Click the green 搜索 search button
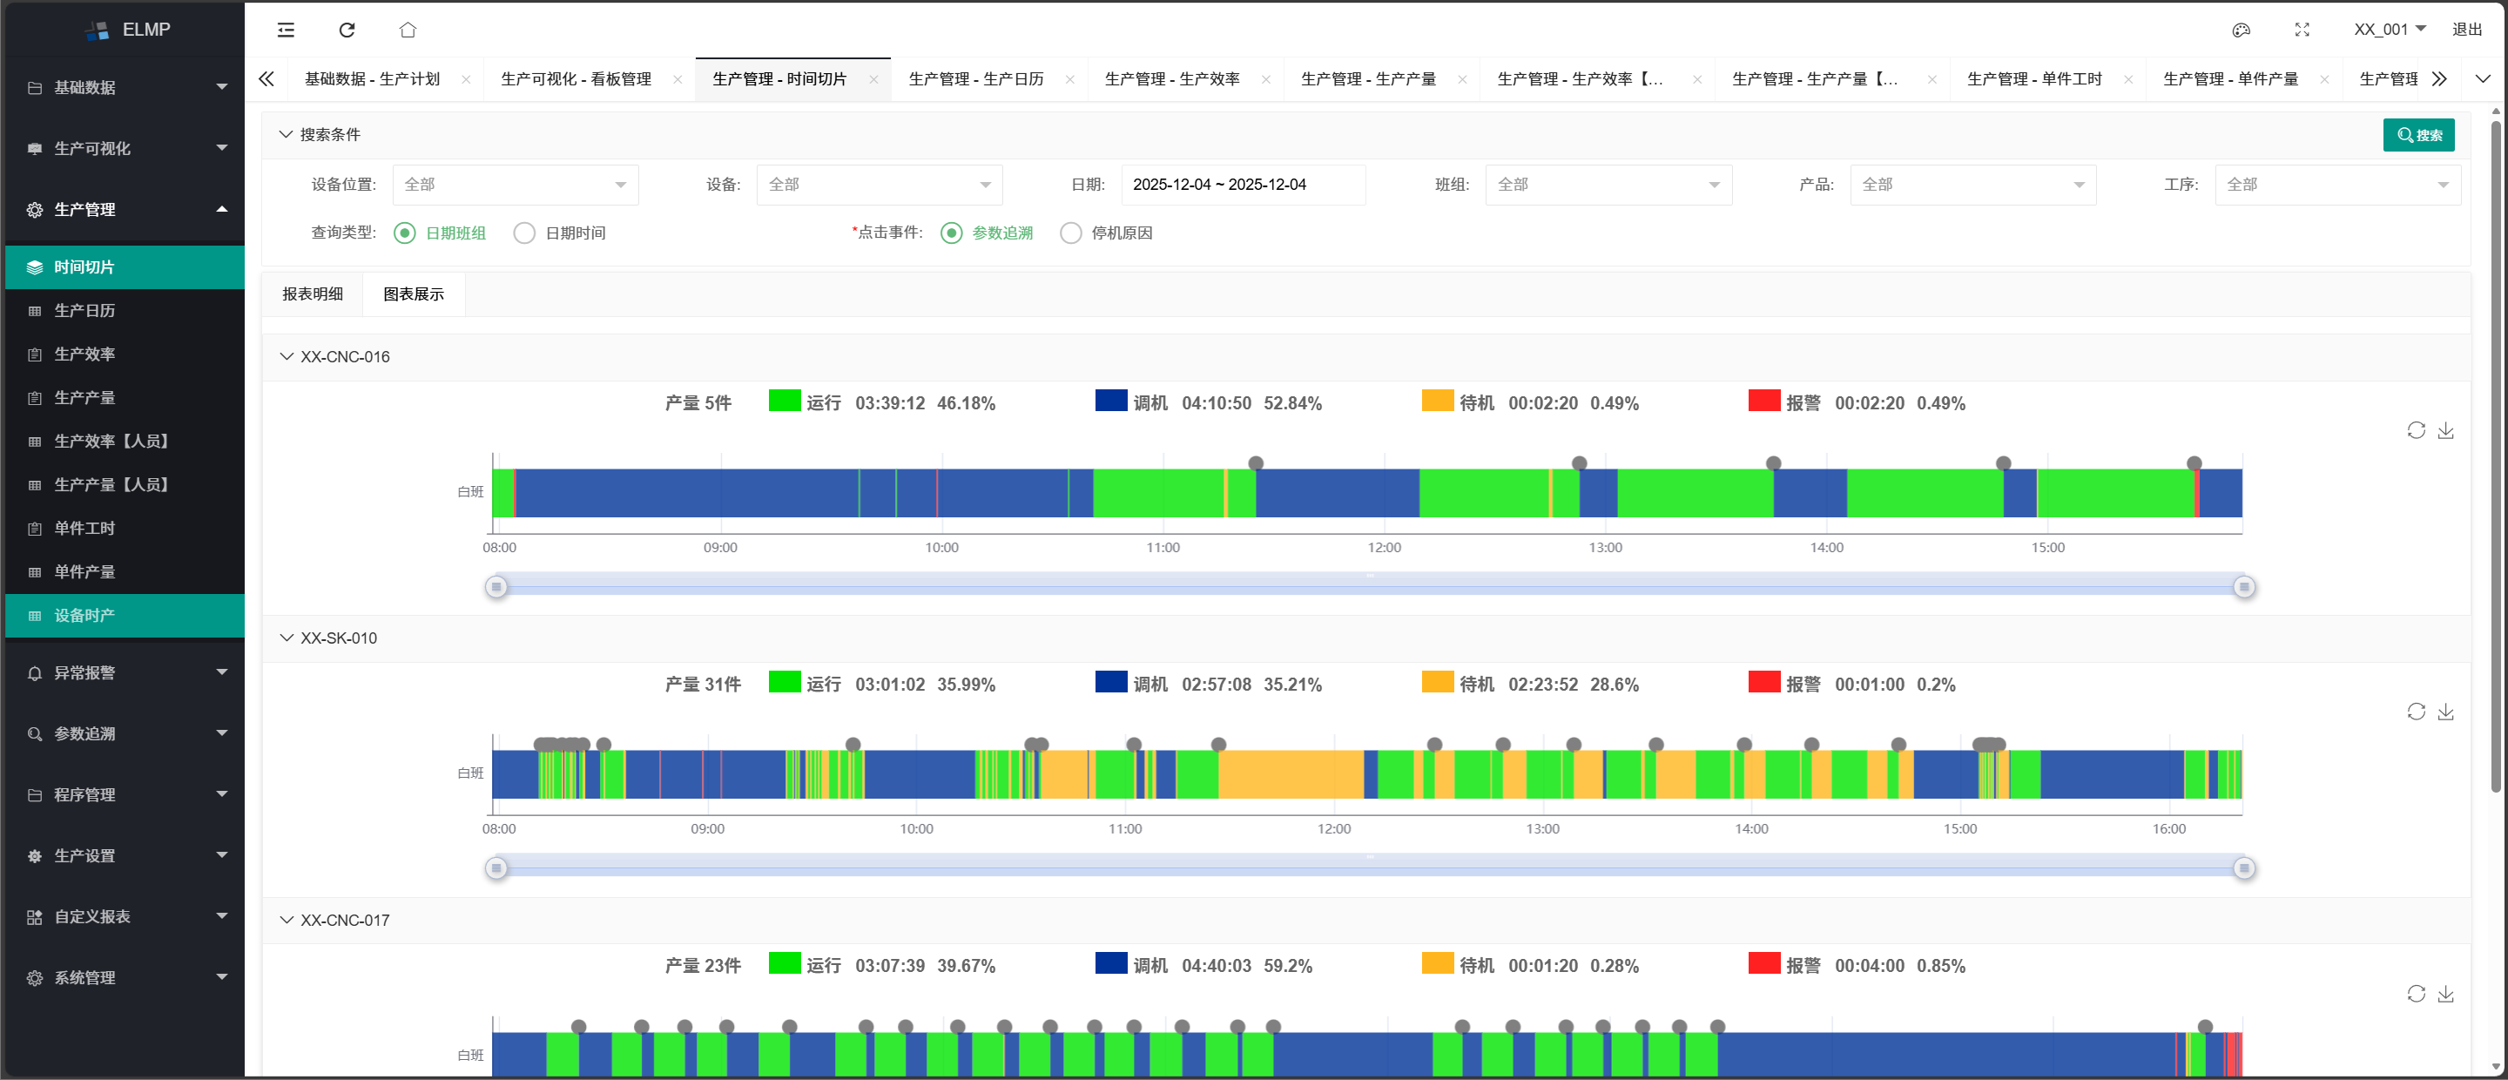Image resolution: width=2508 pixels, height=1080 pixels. pyautogui.click(x=2418, y=135)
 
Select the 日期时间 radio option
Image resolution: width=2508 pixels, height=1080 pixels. pyautogui.click(x=525, y=233)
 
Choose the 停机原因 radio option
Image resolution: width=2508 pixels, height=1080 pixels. pyautogui.click(x=1071, y=233)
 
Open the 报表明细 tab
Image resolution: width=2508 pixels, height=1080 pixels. pyautogui.click(x=313, y=294)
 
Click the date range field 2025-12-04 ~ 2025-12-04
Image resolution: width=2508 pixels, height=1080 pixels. pyautogui.click(x=1243, y=185)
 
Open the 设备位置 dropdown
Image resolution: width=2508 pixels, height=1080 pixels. pyautogui.click(x=515, y=185)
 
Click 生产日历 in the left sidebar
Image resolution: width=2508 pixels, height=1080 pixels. pyautogui.click(x=84, y=311)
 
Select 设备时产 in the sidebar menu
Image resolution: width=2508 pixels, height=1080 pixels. pyautogui.click(x=84, y=616)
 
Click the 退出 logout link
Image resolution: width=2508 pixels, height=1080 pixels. pyautogui.click(x=2466, y=30)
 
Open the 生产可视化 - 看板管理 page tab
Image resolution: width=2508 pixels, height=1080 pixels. pyautogui.click(x=576, y=80)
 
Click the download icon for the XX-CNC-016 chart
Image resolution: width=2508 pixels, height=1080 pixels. pyautogui.click(x=2445, y=430)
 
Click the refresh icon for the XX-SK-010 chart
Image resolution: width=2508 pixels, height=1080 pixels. pyautogui.click(x=2416, y=712)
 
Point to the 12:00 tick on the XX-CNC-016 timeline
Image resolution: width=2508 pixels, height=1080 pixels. pyautogui.click(x=1384, y=547)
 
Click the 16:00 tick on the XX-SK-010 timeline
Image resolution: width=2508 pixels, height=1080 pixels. pyautogui.click(x=2168, y=829)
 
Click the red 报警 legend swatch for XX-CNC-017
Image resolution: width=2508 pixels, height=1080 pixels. pyautogui.click(x=1763, y=963)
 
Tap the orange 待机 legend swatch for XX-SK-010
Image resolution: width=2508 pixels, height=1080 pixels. pyautogui.click(x=1437, y=682)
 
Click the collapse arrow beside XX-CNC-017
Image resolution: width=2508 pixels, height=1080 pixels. pyautogui.click(x=287, y=921)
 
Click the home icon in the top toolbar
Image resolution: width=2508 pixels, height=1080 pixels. pyautogui.click(x=408, y=30)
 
